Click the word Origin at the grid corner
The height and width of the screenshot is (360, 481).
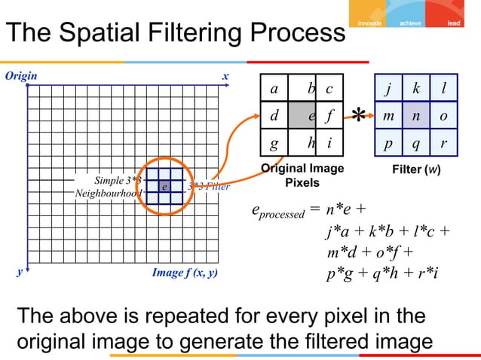22,76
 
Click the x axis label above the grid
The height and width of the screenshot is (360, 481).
225,77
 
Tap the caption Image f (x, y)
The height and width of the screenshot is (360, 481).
185,273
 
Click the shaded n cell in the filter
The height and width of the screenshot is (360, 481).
415,116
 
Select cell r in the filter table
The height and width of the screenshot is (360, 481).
443,142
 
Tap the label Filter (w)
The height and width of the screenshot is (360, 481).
415,169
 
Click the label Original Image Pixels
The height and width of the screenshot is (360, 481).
301,176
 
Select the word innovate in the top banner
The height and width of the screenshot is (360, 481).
367,23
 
